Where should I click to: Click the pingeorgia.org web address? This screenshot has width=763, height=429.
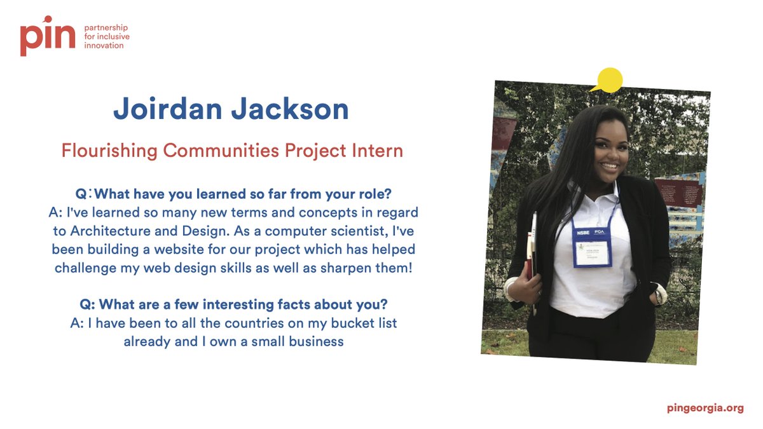point(705,408)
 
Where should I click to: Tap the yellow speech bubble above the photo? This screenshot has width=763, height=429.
point(608,79)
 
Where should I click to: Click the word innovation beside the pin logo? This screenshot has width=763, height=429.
point(104,46)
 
